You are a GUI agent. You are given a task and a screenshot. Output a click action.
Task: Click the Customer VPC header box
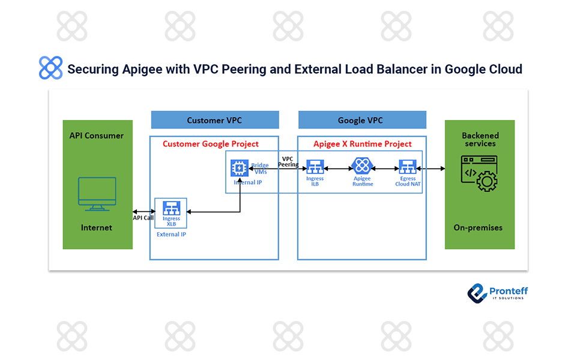click(x=214, y=120)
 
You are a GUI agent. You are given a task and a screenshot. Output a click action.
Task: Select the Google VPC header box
click(x=361, y=120)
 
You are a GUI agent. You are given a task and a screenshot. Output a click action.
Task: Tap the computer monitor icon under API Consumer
click(x=97, y=194)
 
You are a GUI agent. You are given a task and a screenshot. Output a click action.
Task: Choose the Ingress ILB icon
click(x=315, y=167)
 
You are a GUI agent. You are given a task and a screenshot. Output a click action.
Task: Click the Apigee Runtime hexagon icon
click(x=362, y=167)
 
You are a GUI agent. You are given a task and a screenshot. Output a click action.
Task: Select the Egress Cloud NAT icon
click(x=408, y=167)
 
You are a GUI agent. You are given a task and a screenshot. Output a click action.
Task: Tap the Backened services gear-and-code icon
click(x=479, y=173)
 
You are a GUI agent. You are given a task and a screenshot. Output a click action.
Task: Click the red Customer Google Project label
click(x=211, y=144)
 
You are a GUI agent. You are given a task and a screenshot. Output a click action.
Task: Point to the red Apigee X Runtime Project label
click(x=363, y=144)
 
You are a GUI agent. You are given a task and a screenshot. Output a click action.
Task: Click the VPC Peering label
click(x=288, y=161)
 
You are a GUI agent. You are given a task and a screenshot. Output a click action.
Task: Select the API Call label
click(x=143, y=218)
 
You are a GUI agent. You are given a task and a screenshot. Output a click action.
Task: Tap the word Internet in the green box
click(x=97, y=228)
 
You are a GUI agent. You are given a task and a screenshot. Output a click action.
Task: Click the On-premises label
click(x=479, y=228)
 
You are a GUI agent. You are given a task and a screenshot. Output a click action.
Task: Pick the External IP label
click(x=171, y=235)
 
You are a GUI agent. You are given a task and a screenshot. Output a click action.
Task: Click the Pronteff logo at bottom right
click(x=497, y=292)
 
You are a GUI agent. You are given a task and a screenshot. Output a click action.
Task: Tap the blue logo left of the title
click(x=50, y=68)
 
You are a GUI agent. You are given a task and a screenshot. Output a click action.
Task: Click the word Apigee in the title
click(x=130, y=69)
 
